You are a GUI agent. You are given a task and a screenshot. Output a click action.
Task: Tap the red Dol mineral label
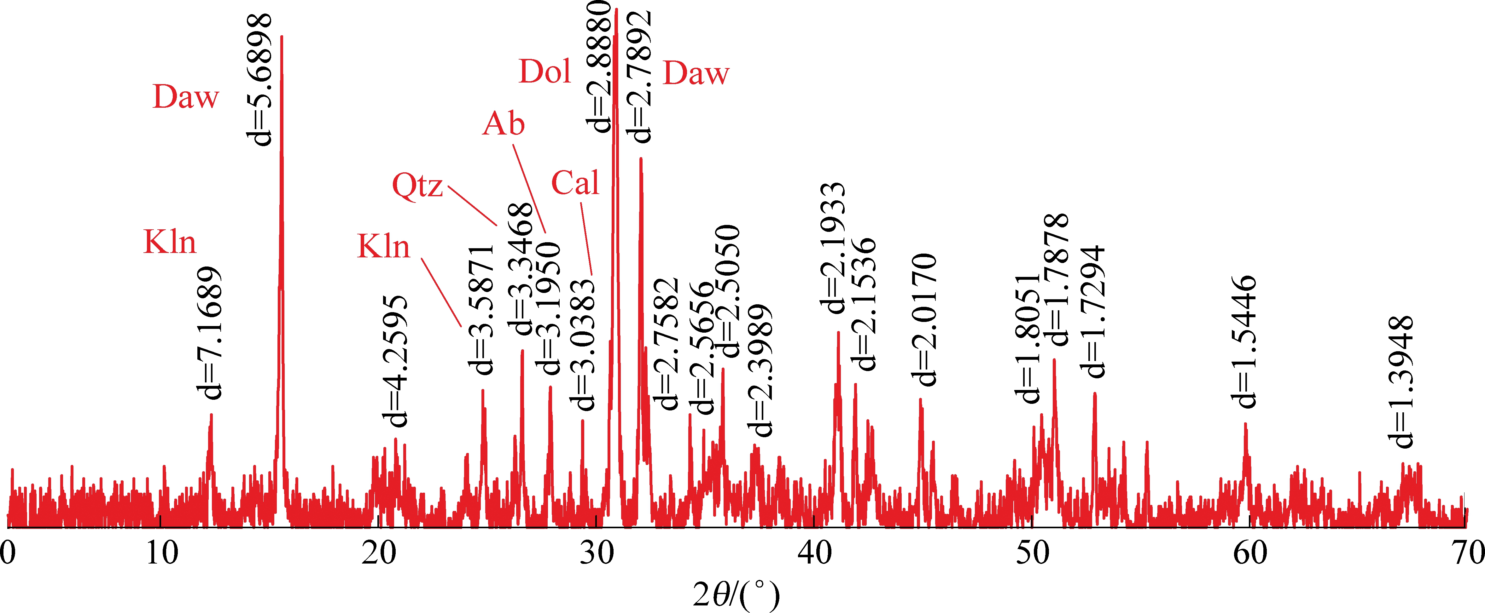pyautogui.click(x=545, y=72)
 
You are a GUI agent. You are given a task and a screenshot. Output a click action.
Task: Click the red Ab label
pyautogui.click(x=503, y=124)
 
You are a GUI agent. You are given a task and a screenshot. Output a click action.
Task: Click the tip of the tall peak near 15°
pyautogui.click(x=281, y=36)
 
